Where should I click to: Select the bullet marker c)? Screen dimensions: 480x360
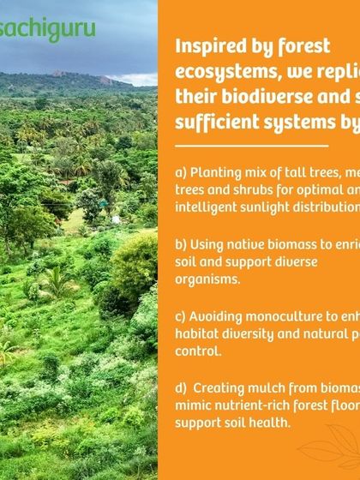pos(181,316)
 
